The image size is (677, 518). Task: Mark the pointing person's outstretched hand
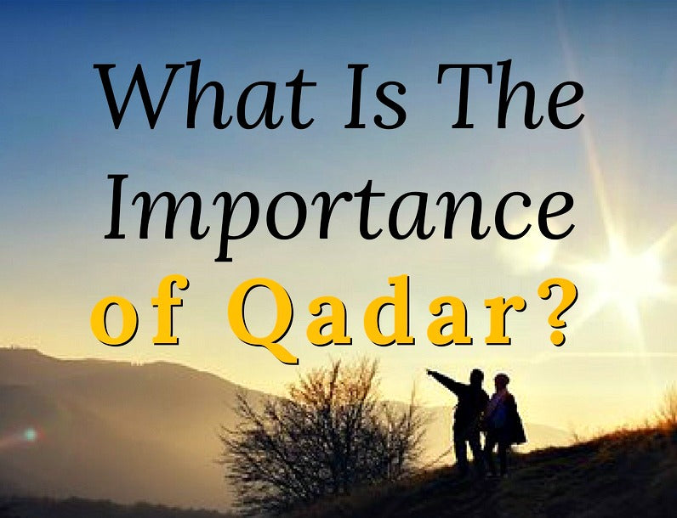point(431,373)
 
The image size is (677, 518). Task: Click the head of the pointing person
point(476,378)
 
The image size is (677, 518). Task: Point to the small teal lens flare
point(31,434)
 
